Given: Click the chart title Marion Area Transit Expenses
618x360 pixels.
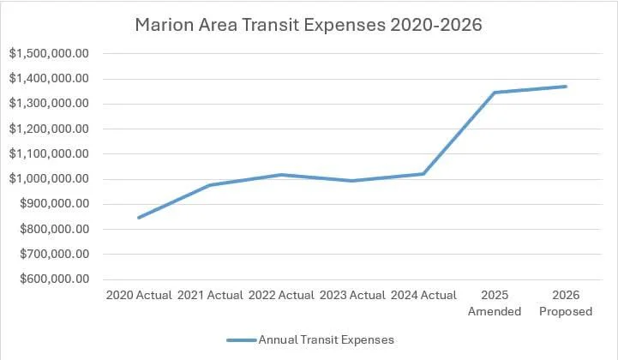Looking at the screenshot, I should click(309, 26).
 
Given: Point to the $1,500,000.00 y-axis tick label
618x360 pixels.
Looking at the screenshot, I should click(49, 54).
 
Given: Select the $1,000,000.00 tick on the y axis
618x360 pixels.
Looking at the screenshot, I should click(49, 179).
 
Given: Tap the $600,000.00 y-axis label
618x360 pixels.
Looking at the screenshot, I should click(49, 279).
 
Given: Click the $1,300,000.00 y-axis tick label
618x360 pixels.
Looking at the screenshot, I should click(49, 104).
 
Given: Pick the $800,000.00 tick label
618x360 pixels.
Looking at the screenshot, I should click(49, 229).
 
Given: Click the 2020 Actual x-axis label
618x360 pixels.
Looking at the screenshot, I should click(139, 296).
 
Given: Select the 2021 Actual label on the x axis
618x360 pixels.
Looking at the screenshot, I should click(210, 296).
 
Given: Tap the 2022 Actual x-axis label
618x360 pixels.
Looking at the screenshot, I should click(281, 296).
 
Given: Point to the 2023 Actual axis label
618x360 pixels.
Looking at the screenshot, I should click(352, 296).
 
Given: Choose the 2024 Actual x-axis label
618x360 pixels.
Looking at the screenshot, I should click(423, 296).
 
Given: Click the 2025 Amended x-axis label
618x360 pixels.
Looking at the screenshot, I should click(495, 303).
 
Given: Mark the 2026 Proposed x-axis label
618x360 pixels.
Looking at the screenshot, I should click(566, 303).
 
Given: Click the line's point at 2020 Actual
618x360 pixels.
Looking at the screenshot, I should click(139, 218).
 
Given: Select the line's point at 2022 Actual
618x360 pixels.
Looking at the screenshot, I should click(281, 175).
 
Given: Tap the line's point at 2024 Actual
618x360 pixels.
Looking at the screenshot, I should click(423, 174).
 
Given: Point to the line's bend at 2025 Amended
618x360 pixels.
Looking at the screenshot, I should click(495, 93).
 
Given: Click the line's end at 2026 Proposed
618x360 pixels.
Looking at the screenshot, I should click(566, 87).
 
